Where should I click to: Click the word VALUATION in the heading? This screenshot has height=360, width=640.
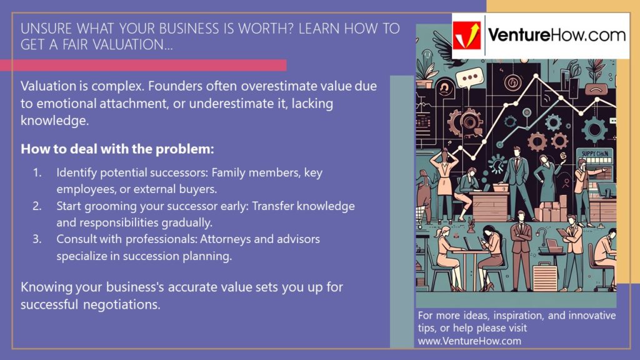[124, 45]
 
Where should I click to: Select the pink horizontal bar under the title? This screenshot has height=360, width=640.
[143, 65]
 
